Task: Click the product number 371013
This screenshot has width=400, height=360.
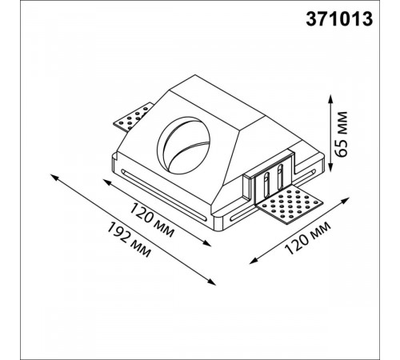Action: click(x=339, y=19)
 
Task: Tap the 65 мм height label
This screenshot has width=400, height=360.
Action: click(x=341, y=134)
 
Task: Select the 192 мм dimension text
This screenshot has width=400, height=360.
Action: click(x=129, y=240)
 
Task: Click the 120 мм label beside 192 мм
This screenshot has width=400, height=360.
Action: click(x=151, y=220)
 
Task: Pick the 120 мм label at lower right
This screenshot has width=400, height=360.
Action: click(x=308, y=238)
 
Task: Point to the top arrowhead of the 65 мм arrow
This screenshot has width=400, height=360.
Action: click(x=330, y=98)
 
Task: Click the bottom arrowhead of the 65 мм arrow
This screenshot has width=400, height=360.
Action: click(x=330, y=167)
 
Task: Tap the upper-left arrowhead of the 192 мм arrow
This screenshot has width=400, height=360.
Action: click(x=54, y=177)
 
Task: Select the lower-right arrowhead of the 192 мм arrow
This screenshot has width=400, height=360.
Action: click(x=211, y=282)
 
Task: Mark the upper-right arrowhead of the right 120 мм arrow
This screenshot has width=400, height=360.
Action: click(x=345, y=200)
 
